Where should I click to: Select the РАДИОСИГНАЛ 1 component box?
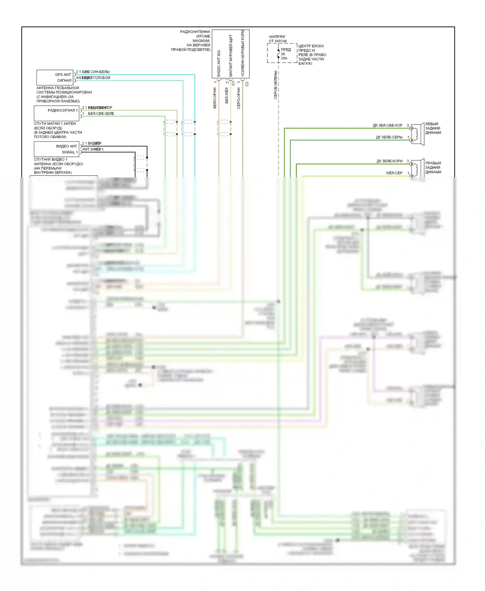coord(57,113)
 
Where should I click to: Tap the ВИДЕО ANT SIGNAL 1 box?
coord(57,149)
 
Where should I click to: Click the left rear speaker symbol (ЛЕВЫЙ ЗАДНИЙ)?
coord(417,134)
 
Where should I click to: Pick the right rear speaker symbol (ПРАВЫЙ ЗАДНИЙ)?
coord(417,169)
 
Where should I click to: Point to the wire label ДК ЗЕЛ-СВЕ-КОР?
coord(387,125)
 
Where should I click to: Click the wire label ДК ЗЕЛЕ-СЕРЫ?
coord(389,137)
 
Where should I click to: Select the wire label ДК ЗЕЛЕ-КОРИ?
coord(389,161)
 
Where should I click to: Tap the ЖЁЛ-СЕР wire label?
coord(394,173)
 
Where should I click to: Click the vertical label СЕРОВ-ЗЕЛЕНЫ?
coord(275,85)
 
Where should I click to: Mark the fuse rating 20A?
coord(284,58)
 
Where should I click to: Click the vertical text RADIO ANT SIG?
coord(219,63)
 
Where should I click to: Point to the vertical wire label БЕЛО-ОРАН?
coord(215,98)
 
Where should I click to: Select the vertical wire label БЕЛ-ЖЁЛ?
coord(227,96)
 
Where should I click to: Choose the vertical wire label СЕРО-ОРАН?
coord(239,98)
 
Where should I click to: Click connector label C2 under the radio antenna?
coord(247,84)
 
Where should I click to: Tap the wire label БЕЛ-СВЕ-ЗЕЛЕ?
coord(101,114)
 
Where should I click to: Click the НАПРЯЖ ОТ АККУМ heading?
coord(277,39)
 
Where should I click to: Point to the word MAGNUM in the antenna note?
coord(201,41)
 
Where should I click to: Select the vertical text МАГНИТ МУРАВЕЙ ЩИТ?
coord(231,56)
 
